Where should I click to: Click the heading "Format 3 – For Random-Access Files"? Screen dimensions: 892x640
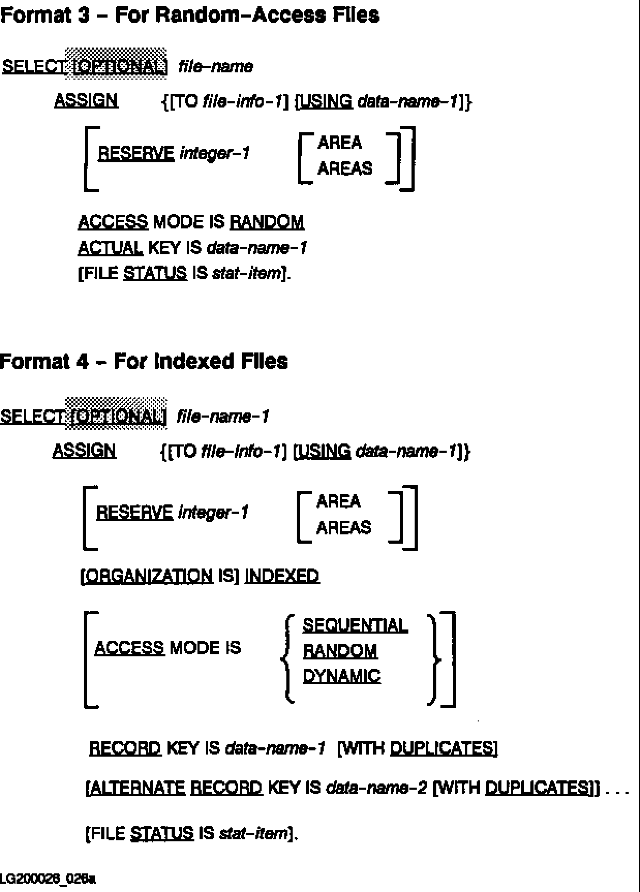[x=190, y=15]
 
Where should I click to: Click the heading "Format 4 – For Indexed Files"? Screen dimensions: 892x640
[x=144, y=361]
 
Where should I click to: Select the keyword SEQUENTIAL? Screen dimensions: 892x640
[x=355, y=625]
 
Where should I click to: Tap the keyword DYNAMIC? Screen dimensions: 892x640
[x=341, y=676]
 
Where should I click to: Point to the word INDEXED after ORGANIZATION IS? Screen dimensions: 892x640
[x=282, y=576]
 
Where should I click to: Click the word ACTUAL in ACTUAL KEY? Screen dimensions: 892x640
[x=110, y=248]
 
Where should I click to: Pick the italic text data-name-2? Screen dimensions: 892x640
[x=377, y=788]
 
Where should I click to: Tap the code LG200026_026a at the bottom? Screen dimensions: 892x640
[x=48, y=879]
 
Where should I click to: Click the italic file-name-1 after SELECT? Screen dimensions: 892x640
[x=223, y=417]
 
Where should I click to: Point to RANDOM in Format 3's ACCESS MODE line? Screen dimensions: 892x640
[x=267, y=222]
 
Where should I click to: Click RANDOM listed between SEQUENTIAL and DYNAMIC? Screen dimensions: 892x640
[x=340, y=651]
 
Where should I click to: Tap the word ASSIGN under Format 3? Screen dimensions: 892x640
[x=86, y=100]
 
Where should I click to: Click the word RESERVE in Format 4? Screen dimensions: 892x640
[x=134, y=513]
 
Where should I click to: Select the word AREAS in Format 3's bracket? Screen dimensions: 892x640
[x=344, y=168]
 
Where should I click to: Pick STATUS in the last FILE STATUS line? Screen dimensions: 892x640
[x=162, y=833]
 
